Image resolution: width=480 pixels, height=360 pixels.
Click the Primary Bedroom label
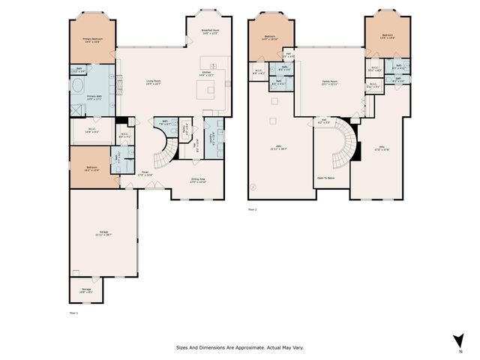click(x=93, y=39)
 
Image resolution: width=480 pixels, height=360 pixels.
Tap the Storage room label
click(x=86, y=289)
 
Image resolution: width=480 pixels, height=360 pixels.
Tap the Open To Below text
click(x=326, y=178)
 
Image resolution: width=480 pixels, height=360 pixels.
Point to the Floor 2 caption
click(x=253, y=209)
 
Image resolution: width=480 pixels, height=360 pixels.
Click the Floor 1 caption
click(x=73, y=310)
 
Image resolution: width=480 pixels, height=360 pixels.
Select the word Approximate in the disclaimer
click(x=243, y=347)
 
